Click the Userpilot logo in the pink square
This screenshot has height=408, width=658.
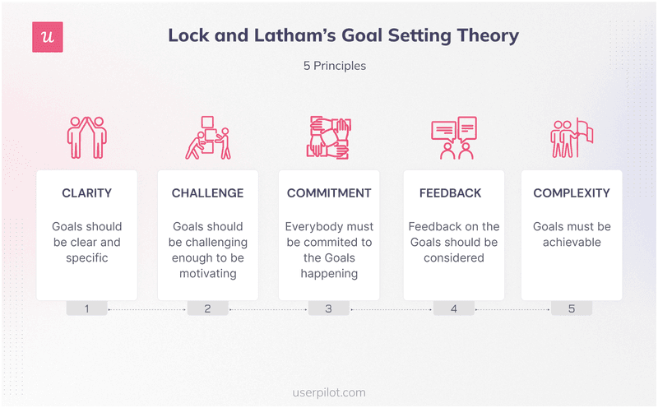[x=47, y=37]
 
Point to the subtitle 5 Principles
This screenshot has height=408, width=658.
[x=334, y=66]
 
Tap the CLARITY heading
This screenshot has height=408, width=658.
[x=86, y=193]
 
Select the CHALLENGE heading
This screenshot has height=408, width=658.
[x=207, y=193]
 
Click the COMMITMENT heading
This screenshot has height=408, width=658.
[x=329, y=193]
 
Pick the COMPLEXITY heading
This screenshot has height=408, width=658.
[x=572, y=193]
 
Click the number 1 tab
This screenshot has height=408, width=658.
[x=86, y=308]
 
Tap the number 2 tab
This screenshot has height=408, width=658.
[x=207, y=308]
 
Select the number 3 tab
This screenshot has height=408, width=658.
[x=329, y=308]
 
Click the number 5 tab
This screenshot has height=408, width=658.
[x=572, y=308]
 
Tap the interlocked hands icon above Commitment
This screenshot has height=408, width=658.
[x=329, y=137]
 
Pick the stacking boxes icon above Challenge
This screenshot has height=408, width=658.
[x=207, y=137]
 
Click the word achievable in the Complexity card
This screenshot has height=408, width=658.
[x=572, y=242]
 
